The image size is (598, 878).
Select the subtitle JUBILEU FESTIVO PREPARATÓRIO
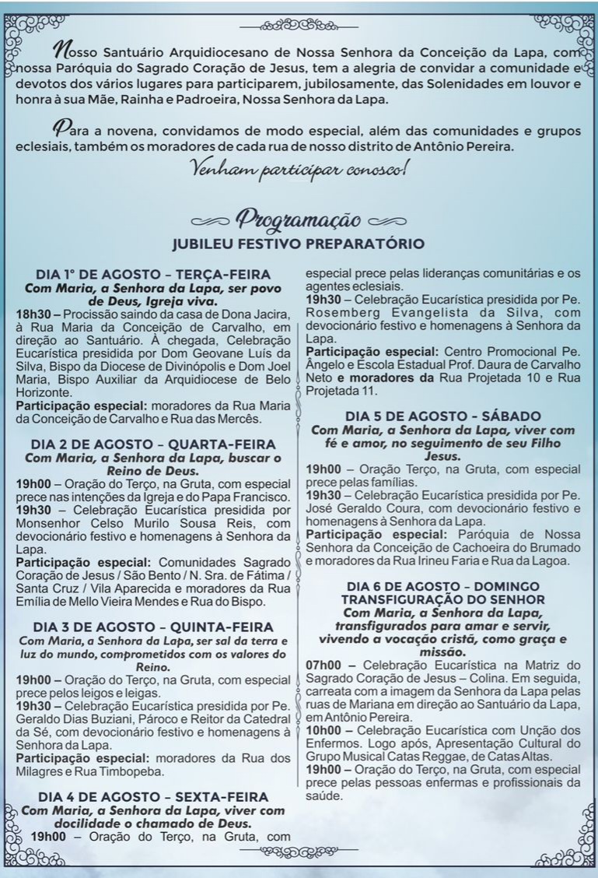coord(299,244)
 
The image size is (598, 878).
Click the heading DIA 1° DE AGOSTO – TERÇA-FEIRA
coord(153,275)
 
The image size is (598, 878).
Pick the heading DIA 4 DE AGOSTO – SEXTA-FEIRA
coord(153,797)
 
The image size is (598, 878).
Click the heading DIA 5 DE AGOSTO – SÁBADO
coord(443,416)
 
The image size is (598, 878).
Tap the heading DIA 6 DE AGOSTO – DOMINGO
coord(443,586)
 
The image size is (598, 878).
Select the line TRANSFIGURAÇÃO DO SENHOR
coord(443,599)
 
